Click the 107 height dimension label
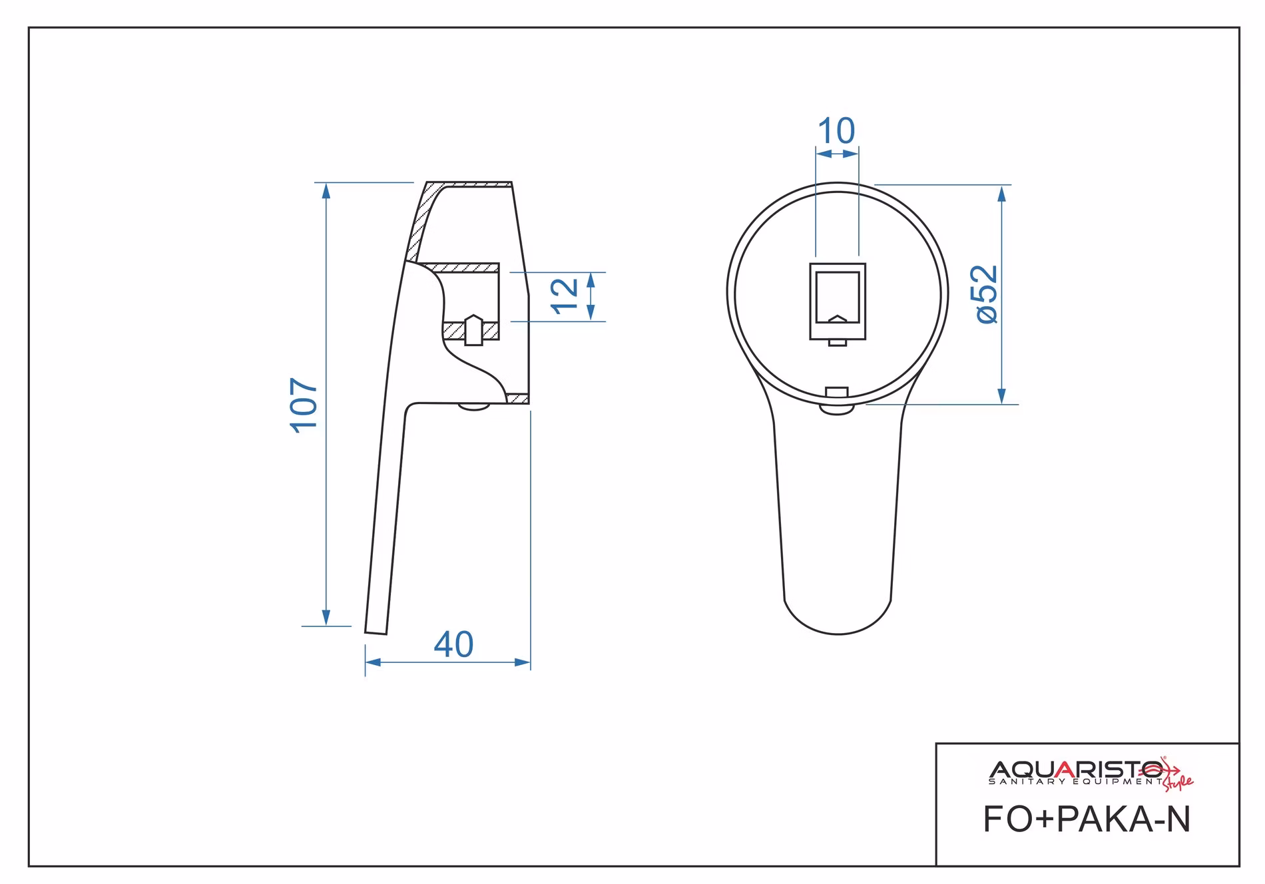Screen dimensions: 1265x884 (304, 405)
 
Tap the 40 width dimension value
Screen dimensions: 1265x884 (453, 644)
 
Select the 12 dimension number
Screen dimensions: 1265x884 (565, 296)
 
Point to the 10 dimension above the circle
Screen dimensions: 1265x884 (836, 130)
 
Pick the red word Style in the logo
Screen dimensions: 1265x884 (1178, 783)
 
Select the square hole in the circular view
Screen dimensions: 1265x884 (838, 301)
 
